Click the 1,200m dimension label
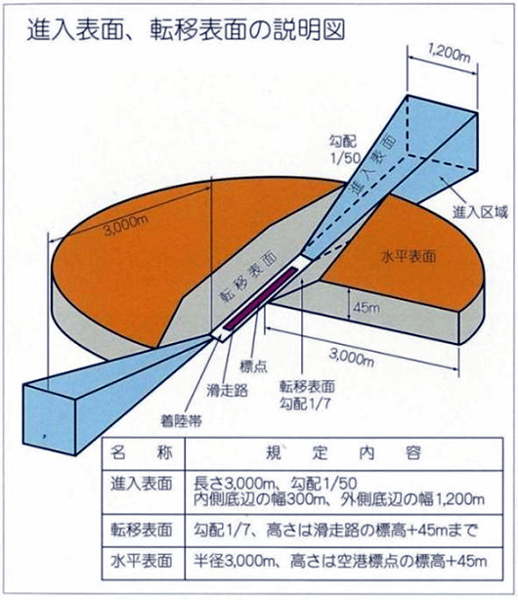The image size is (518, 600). pos(449,53)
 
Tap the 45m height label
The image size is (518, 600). pos(366,307)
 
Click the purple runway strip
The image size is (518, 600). pos(261,297)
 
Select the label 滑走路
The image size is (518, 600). pos(228,390)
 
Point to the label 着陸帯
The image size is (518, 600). pos(181,421)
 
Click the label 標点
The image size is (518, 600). pos(253,366)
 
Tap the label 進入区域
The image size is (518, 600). pos(480,212)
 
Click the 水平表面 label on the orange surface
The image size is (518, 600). pos(409,256)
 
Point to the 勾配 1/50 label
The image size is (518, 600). pos(343,150)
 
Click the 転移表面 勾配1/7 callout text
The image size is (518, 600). pos(307,395)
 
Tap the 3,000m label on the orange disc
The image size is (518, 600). pos(125,226)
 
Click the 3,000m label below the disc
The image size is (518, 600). pos(352,359)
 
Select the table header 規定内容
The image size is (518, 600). pos(343,453)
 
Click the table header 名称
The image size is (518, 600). pos(142,453)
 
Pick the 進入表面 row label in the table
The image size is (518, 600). pos(142,485)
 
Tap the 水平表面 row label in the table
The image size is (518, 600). pos(142,561)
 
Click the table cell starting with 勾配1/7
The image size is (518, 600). pos(336,531)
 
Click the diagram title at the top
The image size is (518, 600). pos(186,29)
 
